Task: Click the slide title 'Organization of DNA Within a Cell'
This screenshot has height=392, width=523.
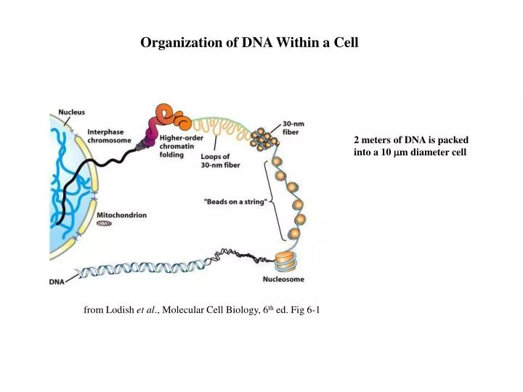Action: pyautogui.click(x=249, y=43)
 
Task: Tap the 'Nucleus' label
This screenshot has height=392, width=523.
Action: pyautogui.click(x=71, y=112)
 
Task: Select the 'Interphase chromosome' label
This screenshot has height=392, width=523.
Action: pyautogui.click(x=109, y=136)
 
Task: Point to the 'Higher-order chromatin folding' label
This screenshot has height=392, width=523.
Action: pyautogui.click(x=181, y=145)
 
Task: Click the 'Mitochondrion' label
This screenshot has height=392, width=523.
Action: pyautogui.click(x=122, y=215)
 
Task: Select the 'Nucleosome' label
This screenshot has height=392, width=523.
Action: pyautogui.click(x=283, y=279)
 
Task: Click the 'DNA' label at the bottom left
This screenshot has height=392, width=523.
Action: pyautogui.click(x=57, y=281)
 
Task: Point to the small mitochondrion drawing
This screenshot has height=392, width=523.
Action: pyautogui.click(x=106, y=225)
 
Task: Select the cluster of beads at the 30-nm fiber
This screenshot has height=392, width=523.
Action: pyautogui.click(x=263, y=138)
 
